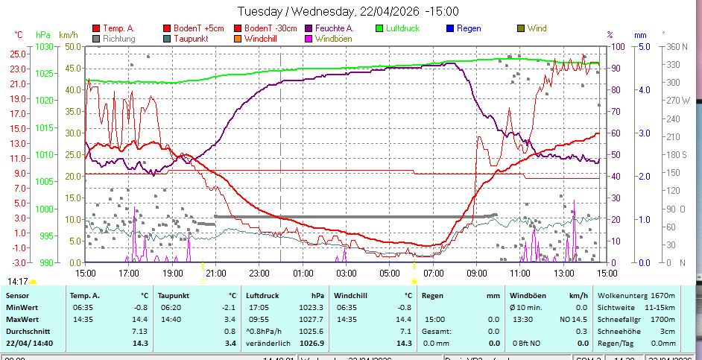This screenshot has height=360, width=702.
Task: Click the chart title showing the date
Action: [x=348, y=11]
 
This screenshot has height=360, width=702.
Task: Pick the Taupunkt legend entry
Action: [x=191, y=39]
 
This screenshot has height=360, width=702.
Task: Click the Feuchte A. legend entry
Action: [x=334, y=28]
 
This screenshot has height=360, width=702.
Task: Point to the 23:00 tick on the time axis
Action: [x=259, y=273]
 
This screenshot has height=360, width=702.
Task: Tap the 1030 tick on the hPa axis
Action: [x=44, y=46]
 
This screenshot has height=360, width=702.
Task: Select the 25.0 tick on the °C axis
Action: [x=14, y=54]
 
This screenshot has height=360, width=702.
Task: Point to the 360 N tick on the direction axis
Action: [x=676, y=46]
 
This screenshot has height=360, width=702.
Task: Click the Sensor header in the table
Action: [x=18, y=295]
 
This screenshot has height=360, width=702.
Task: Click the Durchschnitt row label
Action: [x=28, y=331]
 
